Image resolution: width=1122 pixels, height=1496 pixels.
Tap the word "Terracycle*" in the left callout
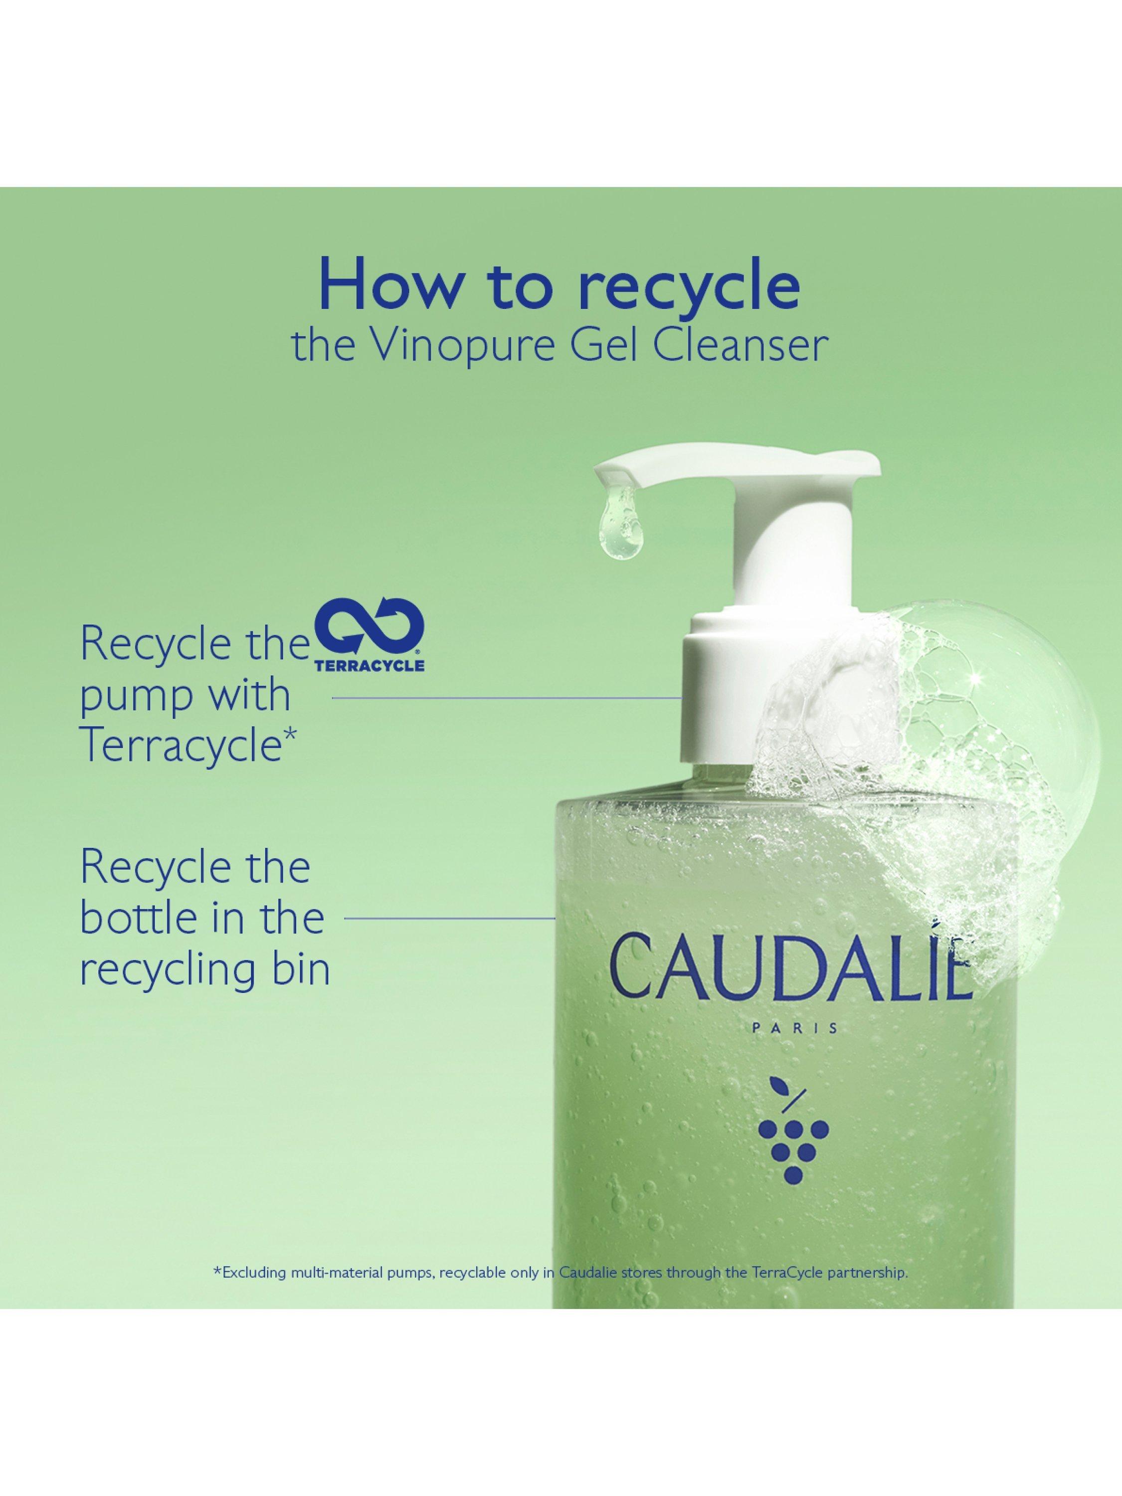pos(188,748)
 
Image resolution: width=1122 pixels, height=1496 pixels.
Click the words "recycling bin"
pos(205,972)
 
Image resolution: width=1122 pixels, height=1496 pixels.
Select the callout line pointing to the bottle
pos(450,919)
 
